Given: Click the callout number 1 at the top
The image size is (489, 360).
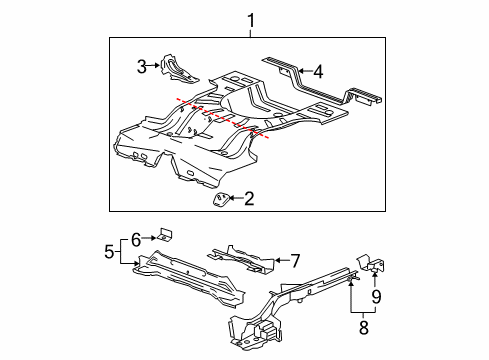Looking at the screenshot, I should tap(251, 19).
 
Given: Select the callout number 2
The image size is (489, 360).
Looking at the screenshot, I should tap(249, 199).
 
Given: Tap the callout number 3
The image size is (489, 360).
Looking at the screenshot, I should tap(143, 67).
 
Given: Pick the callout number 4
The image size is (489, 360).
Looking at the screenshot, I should tap(318, 71).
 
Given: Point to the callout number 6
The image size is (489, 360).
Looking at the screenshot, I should tap(135, 238).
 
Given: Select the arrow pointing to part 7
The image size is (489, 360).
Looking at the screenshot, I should tap(278, 261).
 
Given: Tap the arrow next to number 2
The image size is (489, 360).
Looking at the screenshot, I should tap(234, 200).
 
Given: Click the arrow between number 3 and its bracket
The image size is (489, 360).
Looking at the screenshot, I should tap(156, 67).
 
